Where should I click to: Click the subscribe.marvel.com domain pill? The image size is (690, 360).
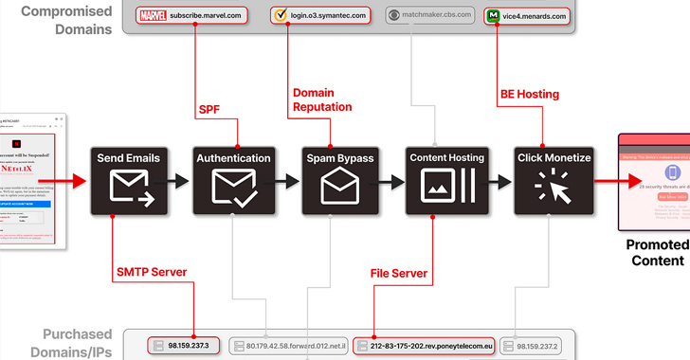(x=192, y=15)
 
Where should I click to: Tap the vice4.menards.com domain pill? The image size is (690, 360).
(x=528, y=15)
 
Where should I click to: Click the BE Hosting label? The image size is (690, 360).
(x=529, y=94)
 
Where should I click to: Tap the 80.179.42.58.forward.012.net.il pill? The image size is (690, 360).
(x=289, y=345)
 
